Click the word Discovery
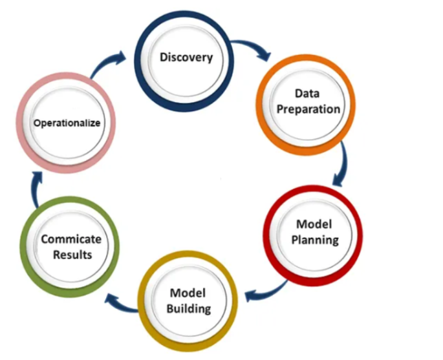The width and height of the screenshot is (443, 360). coord(186,58)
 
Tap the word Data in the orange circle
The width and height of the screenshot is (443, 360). coord(307,94)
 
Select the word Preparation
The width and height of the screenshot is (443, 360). coord(308,110)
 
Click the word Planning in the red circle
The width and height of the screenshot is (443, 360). coord(315,240)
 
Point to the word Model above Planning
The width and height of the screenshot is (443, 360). coord(314,224)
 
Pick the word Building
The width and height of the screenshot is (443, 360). coord(189,308)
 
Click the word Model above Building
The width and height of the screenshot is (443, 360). coord(188,293)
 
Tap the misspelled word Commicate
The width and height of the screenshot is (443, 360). coord(71,239)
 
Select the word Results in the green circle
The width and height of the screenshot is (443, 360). coord(72,255)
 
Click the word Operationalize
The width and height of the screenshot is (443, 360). coord(67,123)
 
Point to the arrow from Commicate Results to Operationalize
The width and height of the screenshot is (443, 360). coord(35,189)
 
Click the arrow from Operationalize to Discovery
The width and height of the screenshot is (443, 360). coord(107,63)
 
